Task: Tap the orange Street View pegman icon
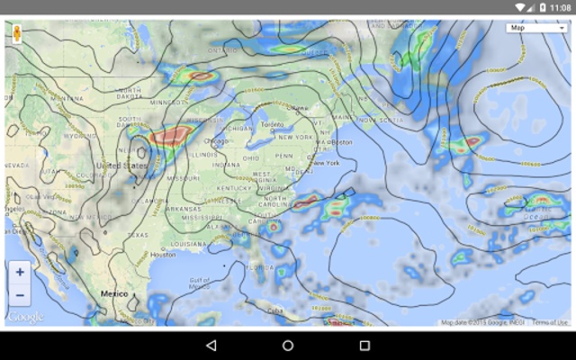tap(17, 34)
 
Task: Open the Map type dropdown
tap(537, 28)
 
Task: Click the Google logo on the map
tap(24, 317)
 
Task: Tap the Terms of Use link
tap(549, 322)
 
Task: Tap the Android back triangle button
tap(211, 345)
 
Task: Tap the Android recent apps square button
tap(364, 345)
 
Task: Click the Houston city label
tap(163, 255)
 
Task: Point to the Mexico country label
tap(114, 294)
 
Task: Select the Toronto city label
tap(271, 124)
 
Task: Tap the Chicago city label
tap(216, 141)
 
